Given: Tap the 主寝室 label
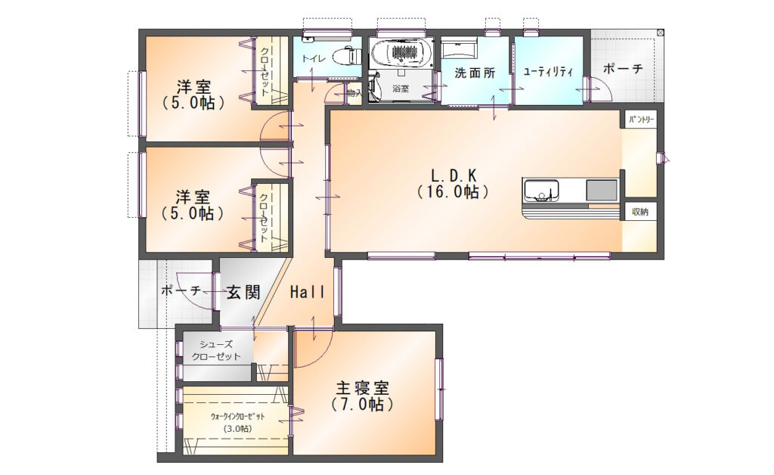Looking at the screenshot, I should pyautogui.click(x=362, y=388).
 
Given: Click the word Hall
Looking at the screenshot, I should pyautogui.click(x=307, y=291).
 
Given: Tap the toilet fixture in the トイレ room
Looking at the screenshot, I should pyautogui.click(x=348, y=55).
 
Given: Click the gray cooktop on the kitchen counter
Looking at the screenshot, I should pyautogui.click(x=602, y=191).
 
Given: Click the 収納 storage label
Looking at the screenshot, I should pyautogui.click(x=639, y=212).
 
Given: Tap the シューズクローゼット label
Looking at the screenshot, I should pyautogui.click(x=215, y=350).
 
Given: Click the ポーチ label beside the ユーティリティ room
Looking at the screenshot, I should pyautogui.click(x=623, y=69).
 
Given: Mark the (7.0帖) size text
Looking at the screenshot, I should pyautogui.click(x=362, y=405).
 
